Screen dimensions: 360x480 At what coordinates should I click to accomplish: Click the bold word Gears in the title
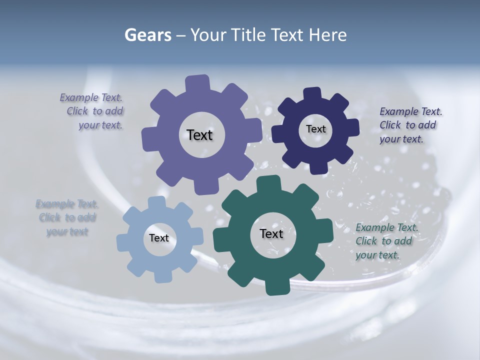click(148, 35)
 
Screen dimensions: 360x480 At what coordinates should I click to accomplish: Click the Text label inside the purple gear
click(200, 135)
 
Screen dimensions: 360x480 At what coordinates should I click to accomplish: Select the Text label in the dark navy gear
click(315, 129)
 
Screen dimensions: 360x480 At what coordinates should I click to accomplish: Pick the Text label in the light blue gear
click(159, 238)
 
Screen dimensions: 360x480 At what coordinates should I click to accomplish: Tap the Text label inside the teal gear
click(271, 233)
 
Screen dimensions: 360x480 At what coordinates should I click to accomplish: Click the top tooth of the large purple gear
click(197, 83)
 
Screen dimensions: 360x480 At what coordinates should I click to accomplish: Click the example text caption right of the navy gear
click(410, 125)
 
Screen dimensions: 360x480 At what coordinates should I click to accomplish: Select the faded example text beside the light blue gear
click(67, 217)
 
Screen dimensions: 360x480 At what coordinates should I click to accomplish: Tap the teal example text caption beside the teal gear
click(386, 241)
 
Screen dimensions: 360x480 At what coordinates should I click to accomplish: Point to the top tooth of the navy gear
click(312, 93)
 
